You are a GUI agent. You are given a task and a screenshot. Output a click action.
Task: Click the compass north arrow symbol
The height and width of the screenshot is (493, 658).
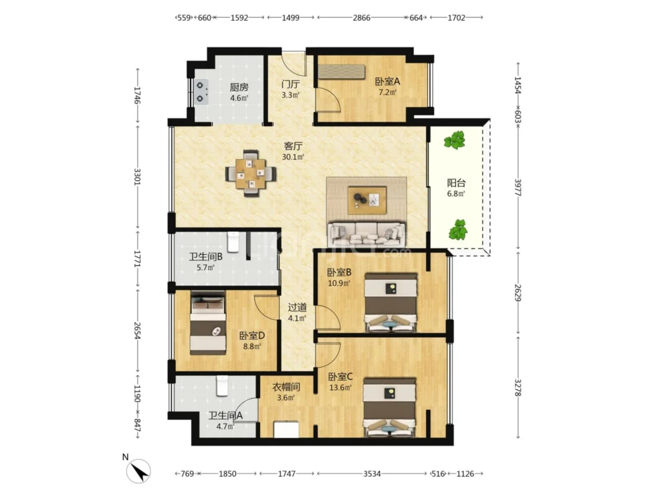coord(138,471)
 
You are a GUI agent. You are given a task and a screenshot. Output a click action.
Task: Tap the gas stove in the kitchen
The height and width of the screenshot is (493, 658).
coord(201,92)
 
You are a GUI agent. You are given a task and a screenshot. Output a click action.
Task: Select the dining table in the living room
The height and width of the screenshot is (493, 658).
coord(250,173)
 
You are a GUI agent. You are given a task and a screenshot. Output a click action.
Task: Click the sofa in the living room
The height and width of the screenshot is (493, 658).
coord(366,234)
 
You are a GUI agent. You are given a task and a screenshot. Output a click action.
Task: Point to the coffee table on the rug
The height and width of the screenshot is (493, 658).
coord(366,200)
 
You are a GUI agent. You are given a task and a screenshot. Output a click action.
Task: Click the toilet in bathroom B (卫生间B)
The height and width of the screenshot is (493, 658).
coord(233,242)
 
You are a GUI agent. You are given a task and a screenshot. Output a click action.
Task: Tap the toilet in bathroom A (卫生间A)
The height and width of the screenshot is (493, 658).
coord(222,386)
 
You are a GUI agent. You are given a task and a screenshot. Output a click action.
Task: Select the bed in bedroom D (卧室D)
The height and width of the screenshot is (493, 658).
coord(208,323)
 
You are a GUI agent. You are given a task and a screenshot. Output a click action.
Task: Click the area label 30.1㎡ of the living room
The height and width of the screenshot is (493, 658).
coord(293,157)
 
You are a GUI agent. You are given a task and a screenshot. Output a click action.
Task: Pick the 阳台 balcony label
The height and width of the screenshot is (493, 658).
coord(456,183)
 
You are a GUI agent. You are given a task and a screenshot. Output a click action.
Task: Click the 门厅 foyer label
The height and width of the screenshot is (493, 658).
coord(290,84)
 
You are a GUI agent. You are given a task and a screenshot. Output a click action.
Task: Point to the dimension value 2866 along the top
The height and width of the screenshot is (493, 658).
coord(361,18)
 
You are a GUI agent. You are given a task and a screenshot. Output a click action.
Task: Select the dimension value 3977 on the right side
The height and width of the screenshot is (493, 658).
coord(518,187)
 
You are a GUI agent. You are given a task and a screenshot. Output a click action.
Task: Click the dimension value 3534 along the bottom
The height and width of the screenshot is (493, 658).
coord(371,473)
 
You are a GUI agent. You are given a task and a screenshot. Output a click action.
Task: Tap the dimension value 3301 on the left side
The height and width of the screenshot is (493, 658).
coord(137,177)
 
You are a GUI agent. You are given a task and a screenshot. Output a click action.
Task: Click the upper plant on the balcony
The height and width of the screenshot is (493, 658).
coord(455,140)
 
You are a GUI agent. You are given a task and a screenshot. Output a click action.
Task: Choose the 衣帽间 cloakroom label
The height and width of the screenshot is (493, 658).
coord(286,387)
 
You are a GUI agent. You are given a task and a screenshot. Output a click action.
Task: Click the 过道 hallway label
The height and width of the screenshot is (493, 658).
coord(297,307)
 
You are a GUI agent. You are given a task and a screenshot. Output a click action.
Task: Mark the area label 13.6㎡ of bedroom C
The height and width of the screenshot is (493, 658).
coord(340,388)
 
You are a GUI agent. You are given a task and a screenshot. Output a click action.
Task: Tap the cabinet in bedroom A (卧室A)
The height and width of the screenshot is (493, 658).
coord(341,72)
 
